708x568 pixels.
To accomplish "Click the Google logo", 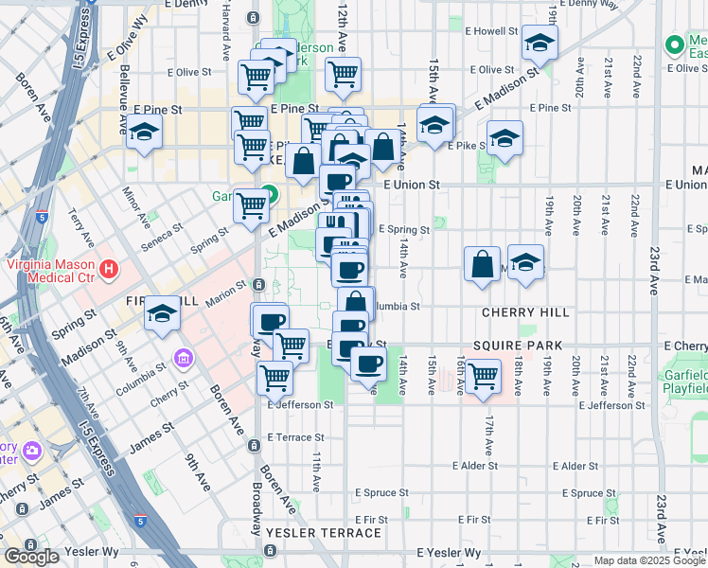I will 32,556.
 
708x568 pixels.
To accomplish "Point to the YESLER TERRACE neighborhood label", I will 324,533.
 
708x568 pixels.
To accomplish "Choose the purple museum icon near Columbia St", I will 183,359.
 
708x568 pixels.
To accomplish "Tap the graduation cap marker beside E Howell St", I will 540,43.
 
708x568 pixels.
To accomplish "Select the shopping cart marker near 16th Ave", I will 484,375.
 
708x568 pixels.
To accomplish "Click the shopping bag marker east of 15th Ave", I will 482,262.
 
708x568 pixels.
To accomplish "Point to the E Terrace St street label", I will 296,437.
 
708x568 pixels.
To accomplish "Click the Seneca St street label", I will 163,231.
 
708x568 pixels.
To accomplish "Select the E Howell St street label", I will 488,31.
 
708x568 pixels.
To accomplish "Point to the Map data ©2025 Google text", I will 648,560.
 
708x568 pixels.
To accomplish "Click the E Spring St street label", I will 404,229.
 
